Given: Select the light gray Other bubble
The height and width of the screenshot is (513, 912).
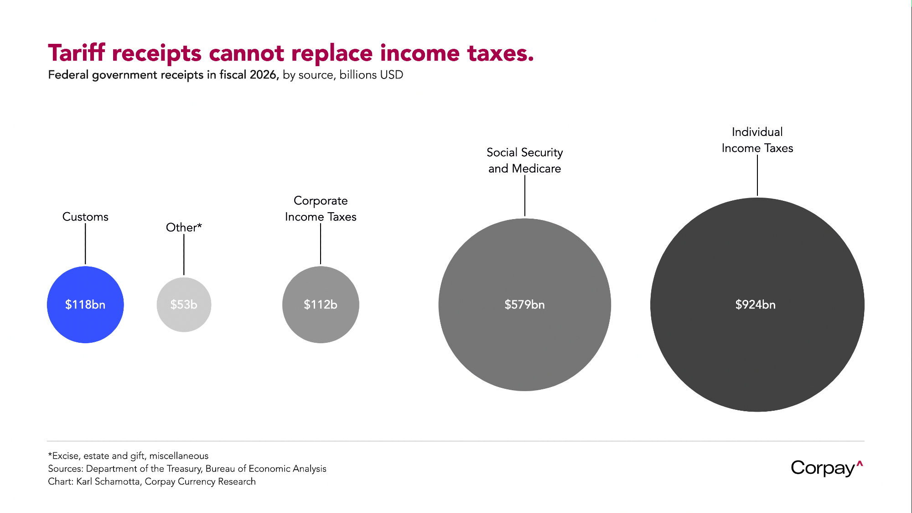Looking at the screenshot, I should coord(184,319).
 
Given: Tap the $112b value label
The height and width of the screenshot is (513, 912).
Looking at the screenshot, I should coord(321,304).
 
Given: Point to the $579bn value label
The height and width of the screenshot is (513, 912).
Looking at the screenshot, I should coord(524,304).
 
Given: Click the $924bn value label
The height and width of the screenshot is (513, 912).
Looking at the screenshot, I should coord(755,304).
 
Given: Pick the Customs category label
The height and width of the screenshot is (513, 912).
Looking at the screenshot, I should coord(85,217).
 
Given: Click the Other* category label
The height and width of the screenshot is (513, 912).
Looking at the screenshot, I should coord(184,227).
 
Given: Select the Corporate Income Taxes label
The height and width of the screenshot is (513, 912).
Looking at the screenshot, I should coord(321,209).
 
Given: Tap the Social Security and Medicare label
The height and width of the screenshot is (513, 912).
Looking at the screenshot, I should coord(524,160).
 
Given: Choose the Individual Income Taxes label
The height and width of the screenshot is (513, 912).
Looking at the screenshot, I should coord(757,140).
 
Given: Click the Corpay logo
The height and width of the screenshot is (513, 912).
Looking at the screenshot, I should coord(826,468).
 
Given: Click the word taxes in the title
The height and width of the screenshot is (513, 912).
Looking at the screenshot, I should coord(500,53).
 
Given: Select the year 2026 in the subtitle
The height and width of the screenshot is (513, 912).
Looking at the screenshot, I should coord(263,75).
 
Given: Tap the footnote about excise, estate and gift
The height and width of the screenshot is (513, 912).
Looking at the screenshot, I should coord(128,455).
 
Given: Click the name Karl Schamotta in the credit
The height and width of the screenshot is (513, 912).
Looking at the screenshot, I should coord(108,482).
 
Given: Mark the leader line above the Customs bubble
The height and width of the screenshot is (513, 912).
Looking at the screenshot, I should coord(85,244).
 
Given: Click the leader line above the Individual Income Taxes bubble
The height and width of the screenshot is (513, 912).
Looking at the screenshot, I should coord(757,175).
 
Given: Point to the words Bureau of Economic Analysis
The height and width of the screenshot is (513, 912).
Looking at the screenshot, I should coord(266,469).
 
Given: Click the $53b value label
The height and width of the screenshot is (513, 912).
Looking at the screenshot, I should coord(184,304).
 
